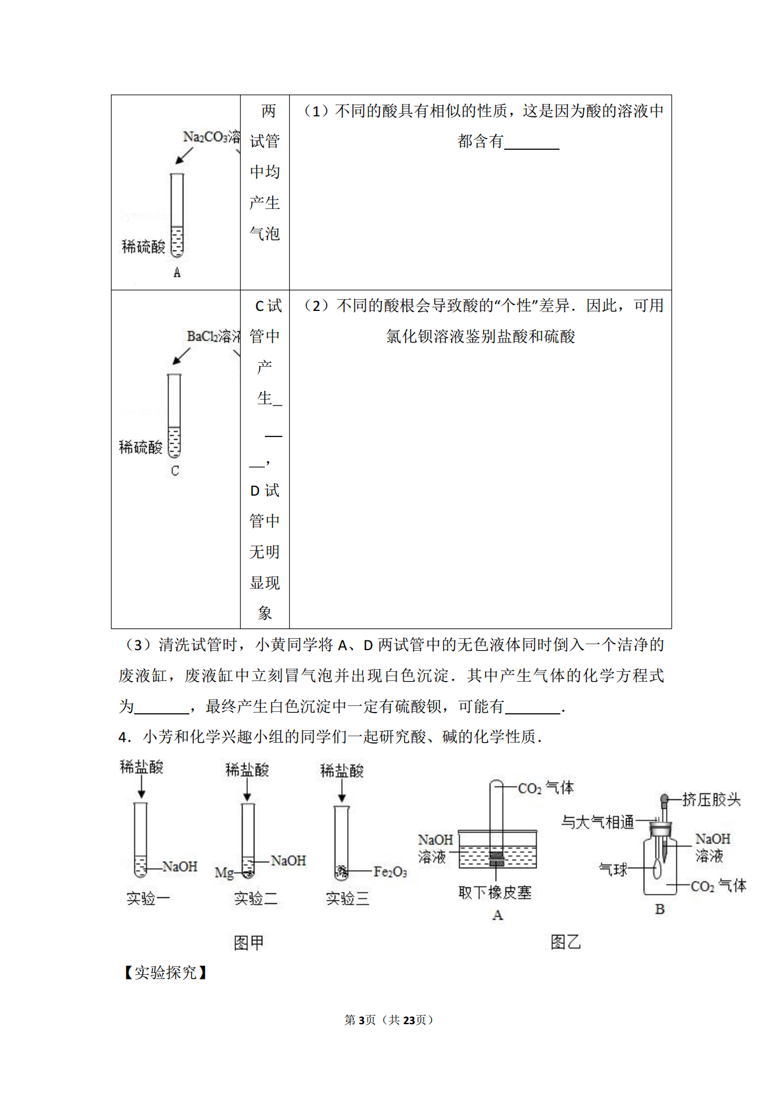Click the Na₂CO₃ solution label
click(212, 137)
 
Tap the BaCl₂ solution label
click(214, 337)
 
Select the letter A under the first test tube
click(177, 272)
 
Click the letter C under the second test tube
click(175, 471)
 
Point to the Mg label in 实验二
click(224, 873)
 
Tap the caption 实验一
click(148, 898)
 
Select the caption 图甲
click(249, 943)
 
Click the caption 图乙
click(565, 942)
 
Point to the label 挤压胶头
click(711, 799)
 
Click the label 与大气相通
click(598, 822)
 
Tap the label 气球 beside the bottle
click(613, 870)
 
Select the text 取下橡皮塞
click(495, 893)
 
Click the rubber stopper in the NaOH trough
click(497, 859)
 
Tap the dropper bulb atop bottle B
click(665, 799)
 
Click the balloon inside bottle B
click(657, 869)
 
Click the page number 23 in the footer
click(409, 1020)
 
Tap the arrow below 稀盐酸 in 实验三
click(342, 791)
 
